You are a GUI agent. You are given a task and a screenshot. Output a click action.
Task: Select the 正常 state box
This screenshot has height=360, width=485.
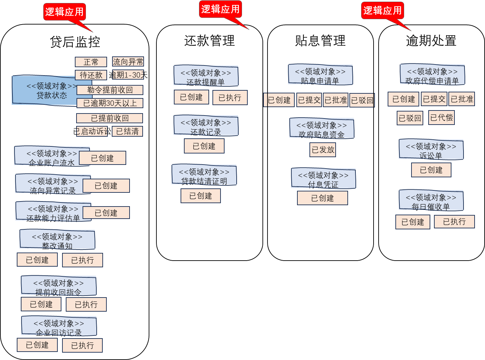(x=91, y=62)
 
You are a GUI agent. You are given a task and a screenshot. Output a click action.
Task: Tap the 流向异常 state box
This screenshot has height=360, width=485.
(x=128, y=62)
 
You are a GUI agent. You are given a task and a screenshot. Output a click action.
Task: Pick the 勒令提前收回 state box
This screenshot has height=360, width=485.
(x=110, y=90)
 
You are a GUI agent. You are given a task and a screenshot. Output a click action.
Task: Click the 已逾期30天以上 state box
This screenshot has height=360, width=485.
(x=110, y=103)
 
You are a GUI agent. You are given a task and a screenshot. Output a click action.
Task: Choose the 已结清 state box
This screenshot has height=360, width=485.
(x=127, y=131)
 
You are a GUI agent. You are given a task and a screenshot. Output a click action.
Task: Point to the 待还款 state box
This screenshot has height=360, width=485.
(x=91, y=75)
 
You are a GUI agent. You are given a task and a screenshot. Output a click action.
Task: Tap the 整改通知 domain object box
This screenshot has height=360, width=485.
(x=57, y=239)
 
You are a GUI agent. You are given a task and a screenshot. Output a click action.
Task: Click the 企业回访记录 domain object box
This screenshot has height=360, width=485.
(x=59, y=326)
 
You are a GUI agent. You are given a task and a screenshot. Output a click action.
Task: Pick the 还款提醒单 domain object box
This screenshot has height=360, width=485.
(x=206, y=76)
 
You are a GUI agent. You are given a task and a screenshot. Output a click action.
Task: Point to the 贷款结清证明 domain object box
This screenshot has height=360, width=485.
(x=204, y=175)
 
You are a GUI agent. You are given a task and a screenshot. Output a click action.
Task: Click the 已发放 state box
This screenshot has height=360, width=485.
(x=323, y=150)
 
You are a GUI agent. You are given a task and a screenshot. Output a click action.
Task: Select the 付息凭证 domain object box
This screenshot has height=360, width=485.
(x=323, y=178)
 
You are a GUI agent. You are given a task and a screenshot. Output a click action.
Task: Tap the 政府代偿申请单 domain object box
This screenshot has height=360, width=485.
(x=432, y=74)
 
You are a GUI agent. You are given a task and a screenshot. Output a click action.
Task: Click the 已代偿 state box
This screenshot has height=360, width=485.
(x=441, y=118)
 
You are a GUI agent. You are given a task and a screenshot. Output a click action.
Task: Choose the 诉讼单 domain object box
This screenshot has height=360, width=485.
(x=431, y=149)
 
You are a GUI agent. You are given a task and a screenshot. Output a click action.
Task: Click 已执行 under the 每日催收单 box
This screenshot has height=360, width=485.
(x=454, y=222)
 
